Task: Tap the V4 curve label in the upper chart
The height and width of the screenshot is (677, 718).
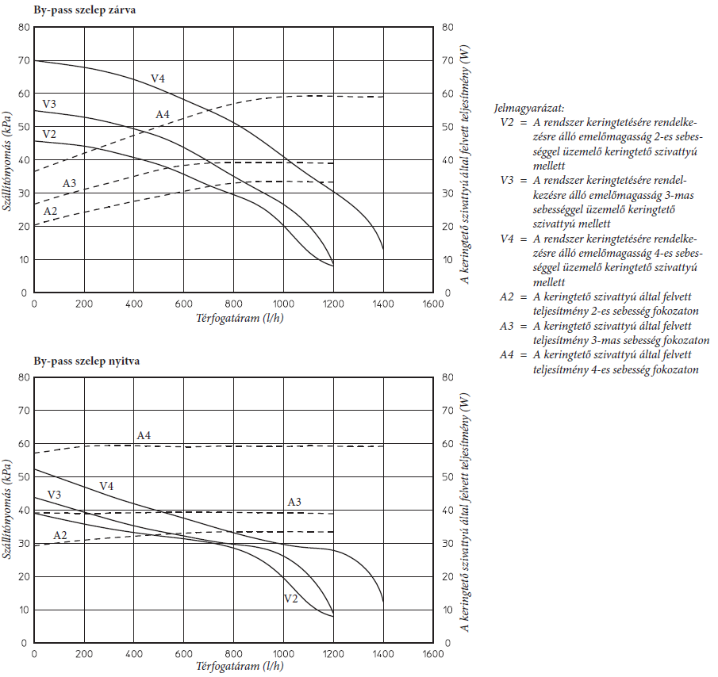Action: (x=159, y=78)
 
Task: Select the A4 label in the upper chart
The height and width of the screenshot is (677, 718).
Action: (x=162, y=115)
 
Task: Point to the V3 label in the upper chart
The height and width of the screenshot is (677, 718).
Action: (x=49, y=104)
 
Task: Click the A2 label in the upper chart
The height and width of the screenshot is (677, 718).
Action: (x=50, y=211)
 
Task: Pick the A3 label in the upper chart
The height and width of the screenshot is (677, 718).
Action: (x=70, y=184)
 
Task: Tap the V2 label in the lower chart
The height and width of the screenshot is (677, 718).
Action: (x=290, y=599)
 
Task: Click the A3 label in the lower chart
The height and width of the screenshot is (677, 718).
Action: (x=294, y=502)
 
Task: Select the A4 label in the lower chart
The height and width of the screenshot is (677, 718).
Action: (x=144, y=435)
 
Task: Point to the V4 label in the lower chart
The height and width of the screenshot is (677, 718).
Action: (x=106, y=486)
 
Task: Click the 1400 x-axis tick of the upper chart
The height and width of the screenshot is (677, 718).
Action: (x=383, y=304)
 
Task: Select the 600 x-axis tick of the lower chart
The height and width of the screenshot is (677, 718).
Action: (x=183, y=654)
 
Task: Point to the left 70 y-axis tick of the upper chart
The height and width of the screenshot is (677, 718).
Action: (x=22, y=60)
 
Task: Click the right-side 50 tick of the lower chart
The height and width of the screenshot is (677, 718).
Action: (x=447, y=476)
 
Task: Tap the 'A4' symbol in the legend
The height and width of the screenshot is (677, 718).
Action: (x=508, y=355)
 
